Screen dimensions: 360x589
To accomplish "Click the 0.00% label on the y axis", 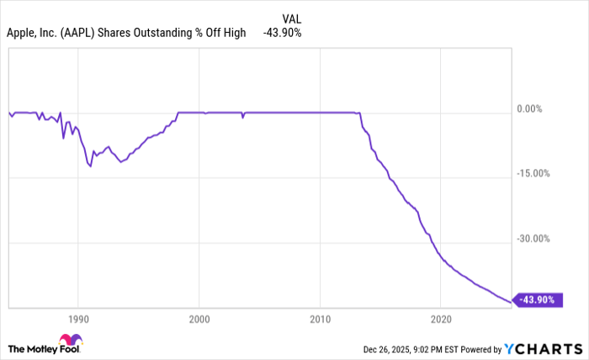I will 531,109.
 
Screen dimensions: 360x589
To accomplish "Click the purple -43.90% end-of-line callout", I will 539,300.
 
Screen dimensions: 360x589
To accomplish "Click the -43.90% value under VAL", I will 282,33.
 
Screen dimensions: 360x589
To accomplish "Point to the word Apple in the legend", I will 20,33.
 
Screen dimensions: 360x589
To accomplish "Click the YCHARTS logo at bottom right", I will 544,348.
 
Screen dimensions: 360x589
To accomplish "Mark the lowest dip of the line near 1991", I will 90,167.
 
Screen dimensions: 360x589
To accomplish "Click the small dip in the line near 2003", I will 242,118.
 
